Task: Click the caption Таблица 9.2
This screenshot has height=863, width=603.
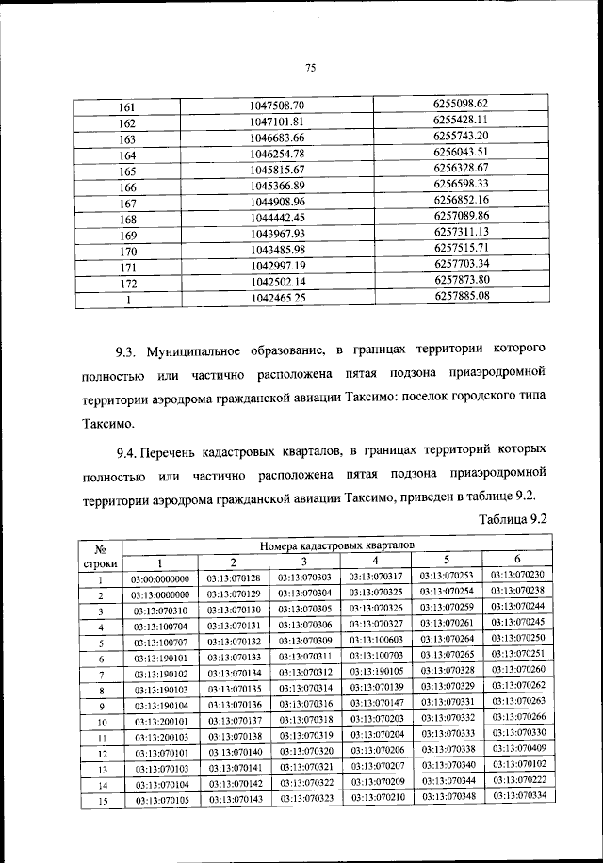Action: (x=513, y=517)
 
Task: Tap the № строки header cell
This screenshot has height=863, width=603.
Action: (x=106, y=554)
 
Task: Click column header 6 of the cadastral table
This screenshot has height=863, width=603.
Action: (x=517, y=560)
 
